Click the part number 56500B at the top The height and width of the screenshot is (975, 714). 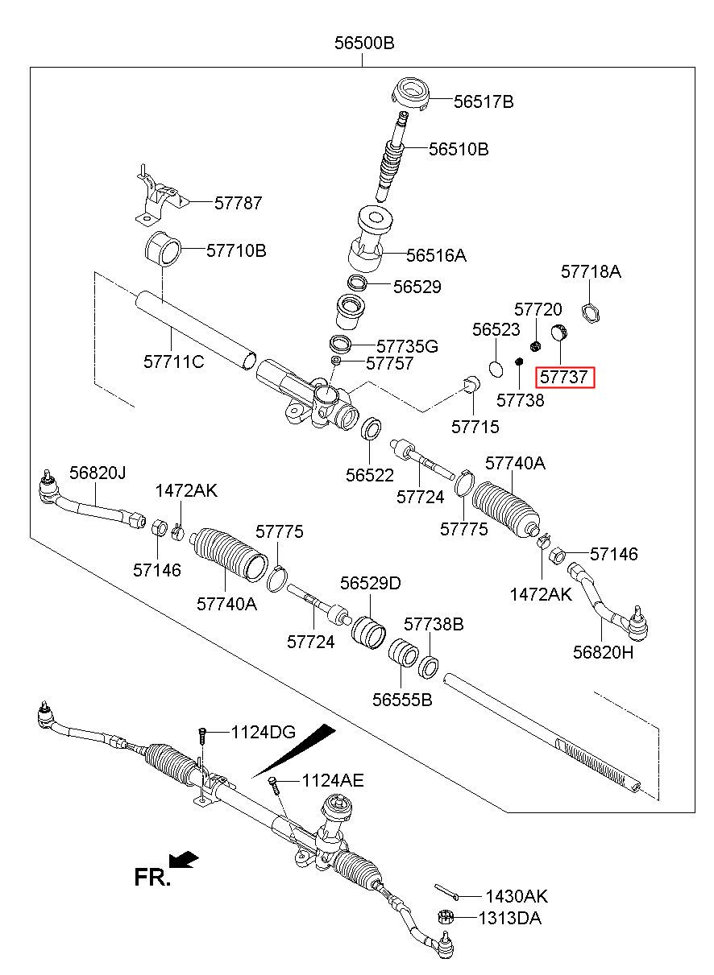tap(364, 43)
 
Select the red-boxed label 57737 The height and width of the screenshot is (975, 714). tap(564, 377)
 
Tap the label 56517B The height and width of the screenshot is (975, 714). tap(484, 102)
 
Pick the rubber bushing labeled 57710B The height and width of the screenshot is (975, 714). tap(163, 249)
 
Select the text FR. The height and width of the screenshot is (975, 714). tap(152, 877)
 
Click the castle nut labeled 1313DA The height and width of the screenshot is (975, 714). tap(446, 917)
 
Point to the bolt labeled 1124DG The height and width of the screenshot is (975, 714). tap(201, 736)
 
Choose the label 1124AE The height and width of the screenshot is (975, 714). tap(333, 780)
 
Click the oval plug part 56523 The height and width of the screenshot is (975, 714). tap(496, 368)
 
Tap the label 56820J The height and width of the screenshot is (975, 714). tap(98, 473)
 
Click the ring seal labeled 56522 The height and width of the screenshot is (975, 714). tap(372, 428)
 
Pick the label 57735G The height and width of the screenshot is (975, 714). tap(407, 346)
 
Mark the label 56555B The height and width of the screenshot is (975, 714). tap(402, 700)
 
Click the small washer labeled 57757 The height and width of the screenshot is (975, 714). tap(336, 361)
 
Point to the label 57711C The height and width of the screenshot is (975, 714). tap(174, 361)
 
